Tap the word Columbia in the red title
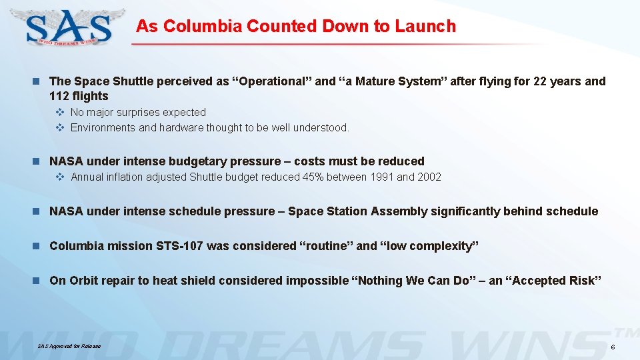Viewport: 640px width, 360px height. pos(203,27)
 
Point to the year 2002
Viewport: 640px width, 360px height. pos(429,177)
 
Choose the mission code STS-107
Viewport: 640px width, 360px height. pos(179,246)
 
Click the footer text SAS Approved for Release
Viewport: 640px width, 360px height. pos(69,346)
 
